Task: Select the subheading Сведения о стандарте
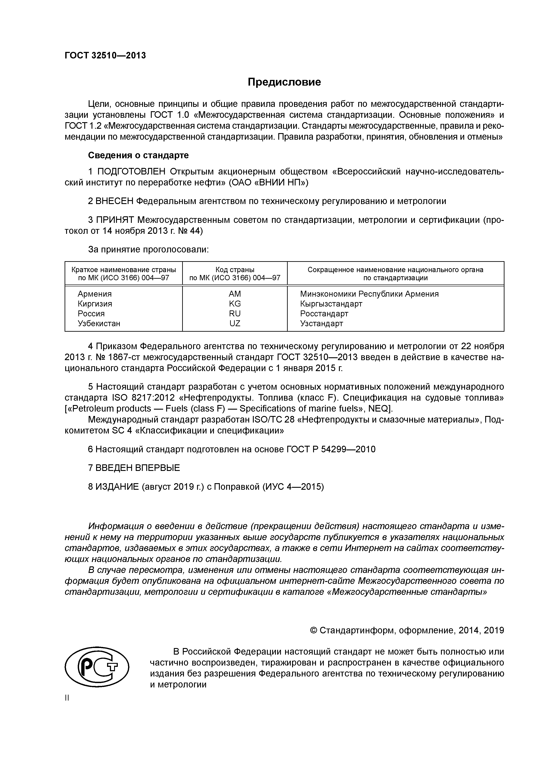point(138,155)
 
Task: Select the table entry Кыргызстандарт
point(331,304)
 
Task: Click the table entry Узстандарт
point(321,323)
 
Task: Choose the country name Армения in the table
point(95,294)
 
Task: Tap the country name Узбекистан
point(99,323)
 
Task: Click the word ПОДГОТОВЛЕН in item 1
point(131,172)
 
